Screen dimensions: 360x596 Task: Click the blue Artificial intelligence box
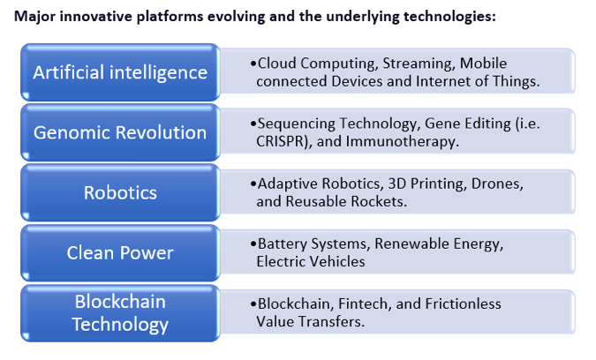point(120,71)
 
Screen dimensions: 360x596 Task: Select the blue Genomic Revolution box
point(120,132)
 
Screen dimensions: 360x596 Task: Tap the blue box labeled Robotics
point(120,192)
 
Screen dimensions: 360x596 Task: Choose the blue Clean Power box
point(120,253)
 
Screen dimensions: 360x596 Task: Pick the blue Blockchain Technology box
point(120,313)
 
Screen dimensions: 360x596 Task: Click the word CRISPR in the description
point(280,140)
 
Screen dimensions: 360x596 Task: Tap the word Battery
point(282,244)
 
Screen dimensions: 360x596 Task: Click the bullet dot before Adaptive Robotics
point(254,184)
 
